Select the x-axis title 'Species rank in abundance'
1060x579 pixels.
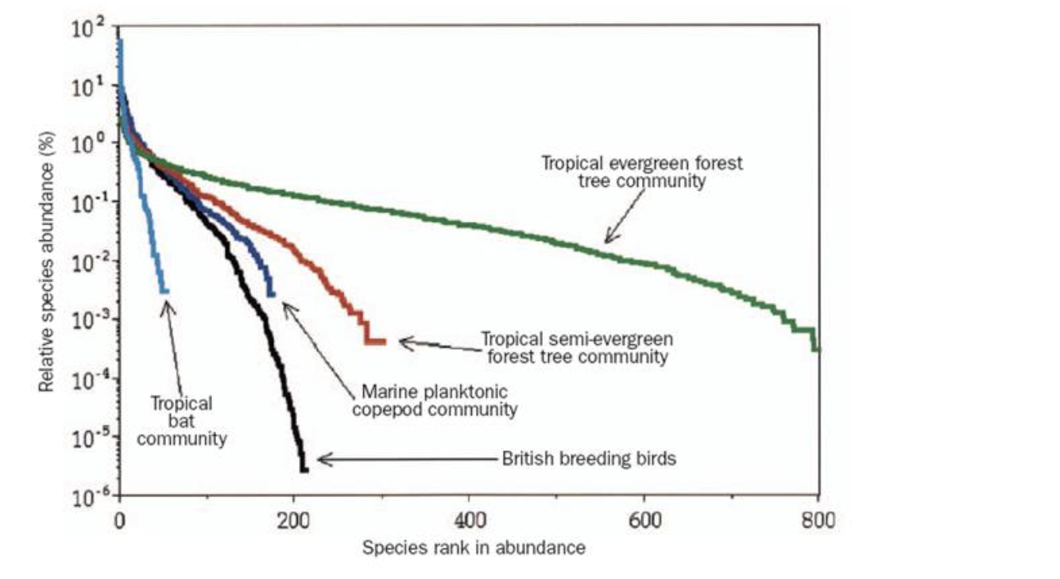(474, 548)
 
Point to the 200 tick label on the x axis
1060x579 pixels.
(295, 523)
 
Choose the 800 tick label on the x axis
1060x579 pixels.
(818, 523)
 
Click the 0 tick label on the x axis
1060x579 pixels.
(120, 523)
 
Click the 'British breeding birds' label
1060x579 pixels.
(589, 459)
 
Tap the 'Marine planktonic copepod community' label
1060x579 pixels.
(439, 401)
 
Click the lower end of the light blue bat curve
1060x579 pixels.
(164, 291)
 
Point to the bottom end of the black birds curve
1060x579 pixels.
(304, 469)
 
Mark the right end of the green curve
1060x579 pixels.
(816, 348)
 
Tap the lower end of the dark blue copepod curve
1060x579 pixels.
(271, 294)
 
